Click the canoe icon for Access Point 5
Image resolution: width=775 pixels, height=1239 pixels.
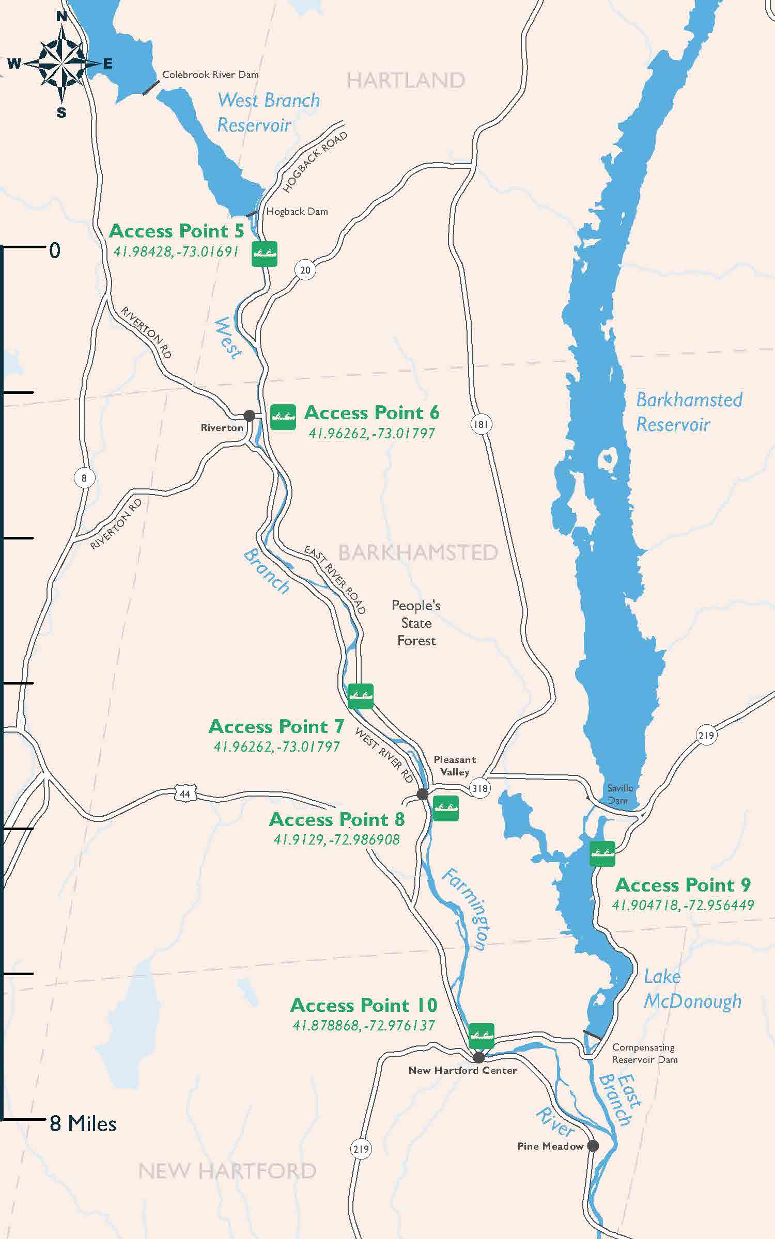[x=264, y=253]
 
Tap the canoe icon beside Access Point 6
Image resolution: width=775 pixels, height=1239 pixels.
[x=283, y=417]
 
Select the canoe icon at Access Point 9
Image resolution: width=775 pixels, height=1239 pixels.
[x=602, y=853]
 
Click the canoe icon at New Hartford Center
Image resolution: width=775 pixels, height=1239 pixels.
[x=482, y=1036]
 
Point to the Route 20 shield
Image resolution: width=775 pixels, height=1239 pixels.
[x=305, y=270]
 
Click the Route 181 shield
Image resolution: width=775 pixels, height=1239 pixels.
[x=481, y=424]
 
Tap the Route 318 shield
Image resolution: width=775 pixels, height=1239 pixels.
[x=480, y=788]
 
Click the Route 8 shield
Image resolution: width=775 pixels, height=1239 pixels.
[x=84, y=478]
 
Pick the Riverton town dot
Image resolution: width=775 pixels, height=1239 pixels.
[x=249, y=415]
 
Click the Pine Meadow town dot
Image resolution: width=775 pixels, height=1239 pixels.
[x=593, y=1146]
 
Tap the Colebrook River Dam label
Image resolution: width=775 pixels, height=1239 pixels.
[x=210, y=74]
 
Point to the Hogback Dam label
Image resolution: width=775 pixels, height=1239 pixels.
[x=297, y=211]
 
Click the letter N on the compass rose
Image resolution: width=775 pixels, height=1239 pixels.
[x=61, y=17]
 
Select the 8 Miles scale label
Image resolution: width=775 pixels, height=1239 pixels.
[x=83, y=1124]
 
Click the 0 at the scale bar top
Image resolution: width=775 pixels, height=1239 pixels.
[x=55, y=250]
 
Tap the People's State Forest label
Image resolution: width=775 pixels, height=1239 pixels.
[x=416, y=623]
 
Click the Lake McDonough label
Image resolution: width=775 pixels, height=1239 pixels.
[x=692, y=989]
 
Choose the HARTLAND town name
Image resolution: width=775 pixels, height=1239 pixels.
[x=406, y=81]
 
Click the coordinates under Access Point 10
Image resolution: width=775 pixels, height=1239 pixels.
[x=364, y=1025]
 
